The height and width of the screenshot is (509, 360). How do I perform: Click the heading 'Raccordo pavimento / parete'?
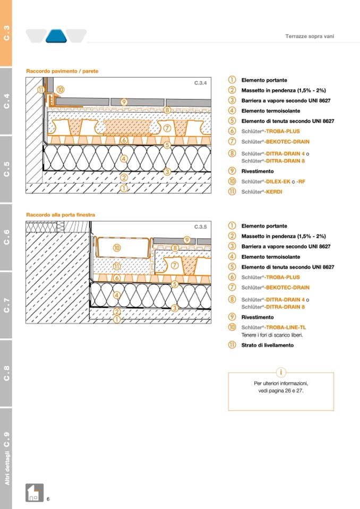62,71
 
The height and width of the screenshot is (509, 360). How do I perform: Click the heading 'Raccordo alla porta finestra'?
61,215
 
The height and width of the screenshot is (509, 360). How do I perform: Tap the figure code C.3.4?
200,83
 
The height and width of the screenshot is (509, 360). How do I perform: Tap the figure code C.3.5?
200,227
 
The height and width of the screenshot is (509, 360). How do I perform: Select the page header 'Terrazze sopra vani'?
310,36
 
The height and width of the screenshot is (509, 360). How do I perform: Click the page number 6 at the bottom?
48,498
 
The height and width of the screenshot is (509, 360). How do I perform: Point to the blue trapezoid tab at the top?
56,36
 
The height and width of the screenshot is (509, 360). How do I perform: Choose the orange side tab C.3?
6,33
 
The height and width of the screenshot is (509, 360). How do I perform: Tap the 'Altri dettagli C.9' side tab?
6,459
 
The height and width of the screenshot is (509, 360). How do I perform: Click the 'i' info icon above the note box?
281,373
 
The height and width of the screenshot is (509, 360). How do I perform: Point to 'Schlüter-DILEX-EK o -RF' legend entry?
273,182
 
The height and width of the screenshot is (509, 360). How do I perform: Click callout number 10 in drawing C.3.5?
117,247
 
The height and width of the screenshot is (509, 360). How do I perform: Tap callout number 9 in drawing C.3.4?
124,101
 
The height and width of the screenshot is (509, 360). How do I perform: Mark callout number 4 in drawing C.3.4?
124,158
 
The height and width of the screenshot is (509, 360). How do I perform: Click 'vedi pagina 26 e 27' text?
281,391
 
